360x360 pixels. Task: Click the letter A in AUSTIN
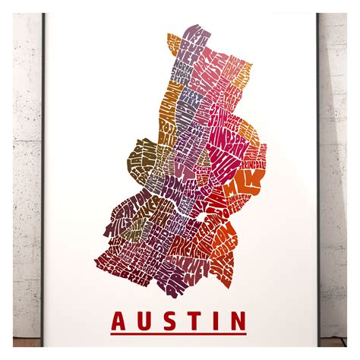[120, 317]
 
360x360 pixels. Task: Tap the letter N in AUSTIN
[238, 317]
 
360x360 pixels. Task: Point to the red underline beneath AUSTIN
[179, 333]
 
